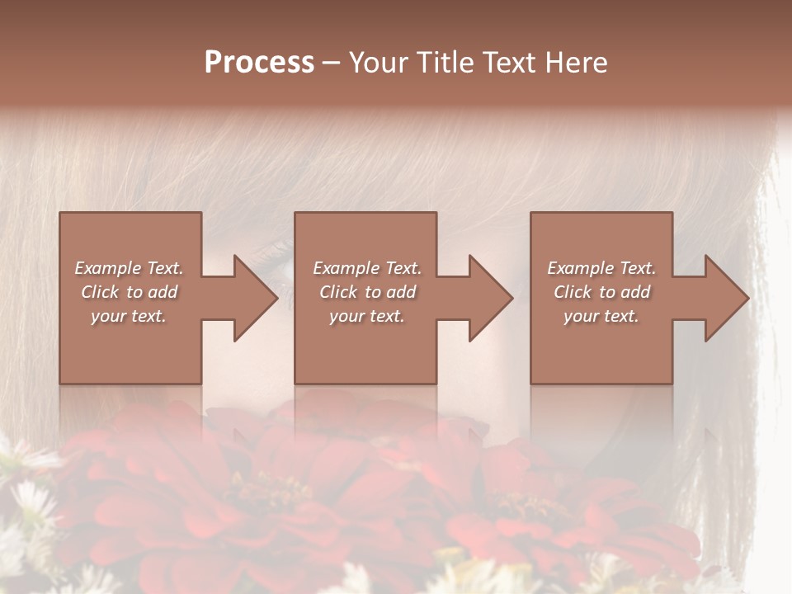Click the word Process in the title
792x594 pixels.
click(259, 63)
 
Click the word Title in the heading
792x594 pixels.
click(441, 63)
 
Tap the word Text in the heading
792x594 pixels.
click(507, 63)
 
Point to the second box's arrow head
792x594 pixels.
click(489, 298)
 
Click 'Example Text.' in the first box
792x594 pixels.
click(129, 268)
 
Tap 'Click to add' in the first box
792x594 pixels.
click(129, 292)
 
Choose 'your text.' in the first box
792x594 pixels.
click(129, 316)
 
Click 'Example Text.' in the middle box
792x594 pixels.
click(366, 268)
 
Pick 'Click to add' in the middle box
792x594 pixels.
click(366, 292)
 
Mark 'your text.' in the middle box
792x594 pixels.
click(366, 316)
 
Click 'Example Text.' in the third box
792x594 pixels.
click(601, 268)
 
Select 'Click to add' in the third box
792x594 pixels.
click(601, 292)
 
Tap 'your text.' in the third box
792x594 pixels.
click(601, 316)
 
